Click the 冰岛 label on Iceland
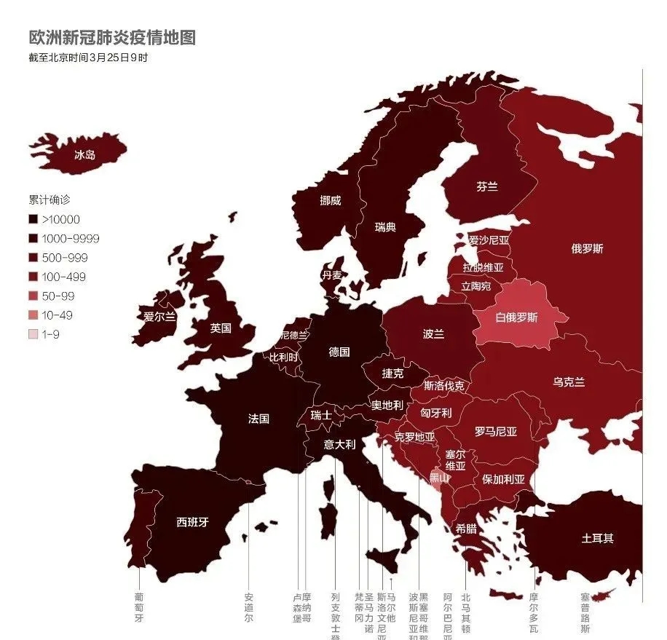(85, 154)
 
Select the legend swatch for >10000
(33, 219)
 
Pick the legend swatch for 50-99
(33, 296)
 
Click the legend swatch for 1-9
(33, 335)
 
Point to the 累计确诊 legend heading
(50, 199)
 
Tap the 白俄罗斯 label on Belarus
(516, 317)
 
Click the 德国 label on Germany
(339, 352)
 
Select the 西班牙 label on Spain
(193, 522)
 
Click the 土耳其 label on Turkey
(597, 539)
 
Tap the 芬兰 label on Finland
(487, 187)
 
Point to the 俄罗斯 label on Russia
(587, 249)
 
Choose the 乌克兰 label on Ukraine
(569, 382)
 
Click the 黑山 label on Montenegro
(440, 478)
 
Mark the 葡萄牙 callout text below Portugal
(139, 607)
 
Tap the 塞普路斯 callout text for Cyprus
(585, 612)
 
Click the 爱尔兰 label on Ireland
(159, 317)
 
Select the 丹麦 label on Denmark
(332, 275)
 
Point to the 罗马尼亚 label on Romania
(496, 432)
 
